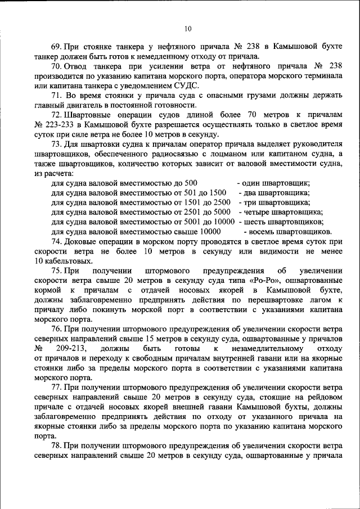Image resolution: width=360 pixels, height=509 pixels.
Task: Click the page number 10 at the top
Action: (x=187, y=29)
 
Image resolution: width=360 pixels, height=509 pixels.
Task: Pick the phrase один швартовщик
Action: (x=277, y=183)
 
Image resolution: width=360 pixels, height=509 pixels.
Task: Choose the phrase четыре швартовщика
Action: (x=282, y=212)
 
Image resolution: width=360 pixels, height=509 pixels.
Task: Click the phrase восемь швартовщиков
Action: (x=288, y=231)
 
